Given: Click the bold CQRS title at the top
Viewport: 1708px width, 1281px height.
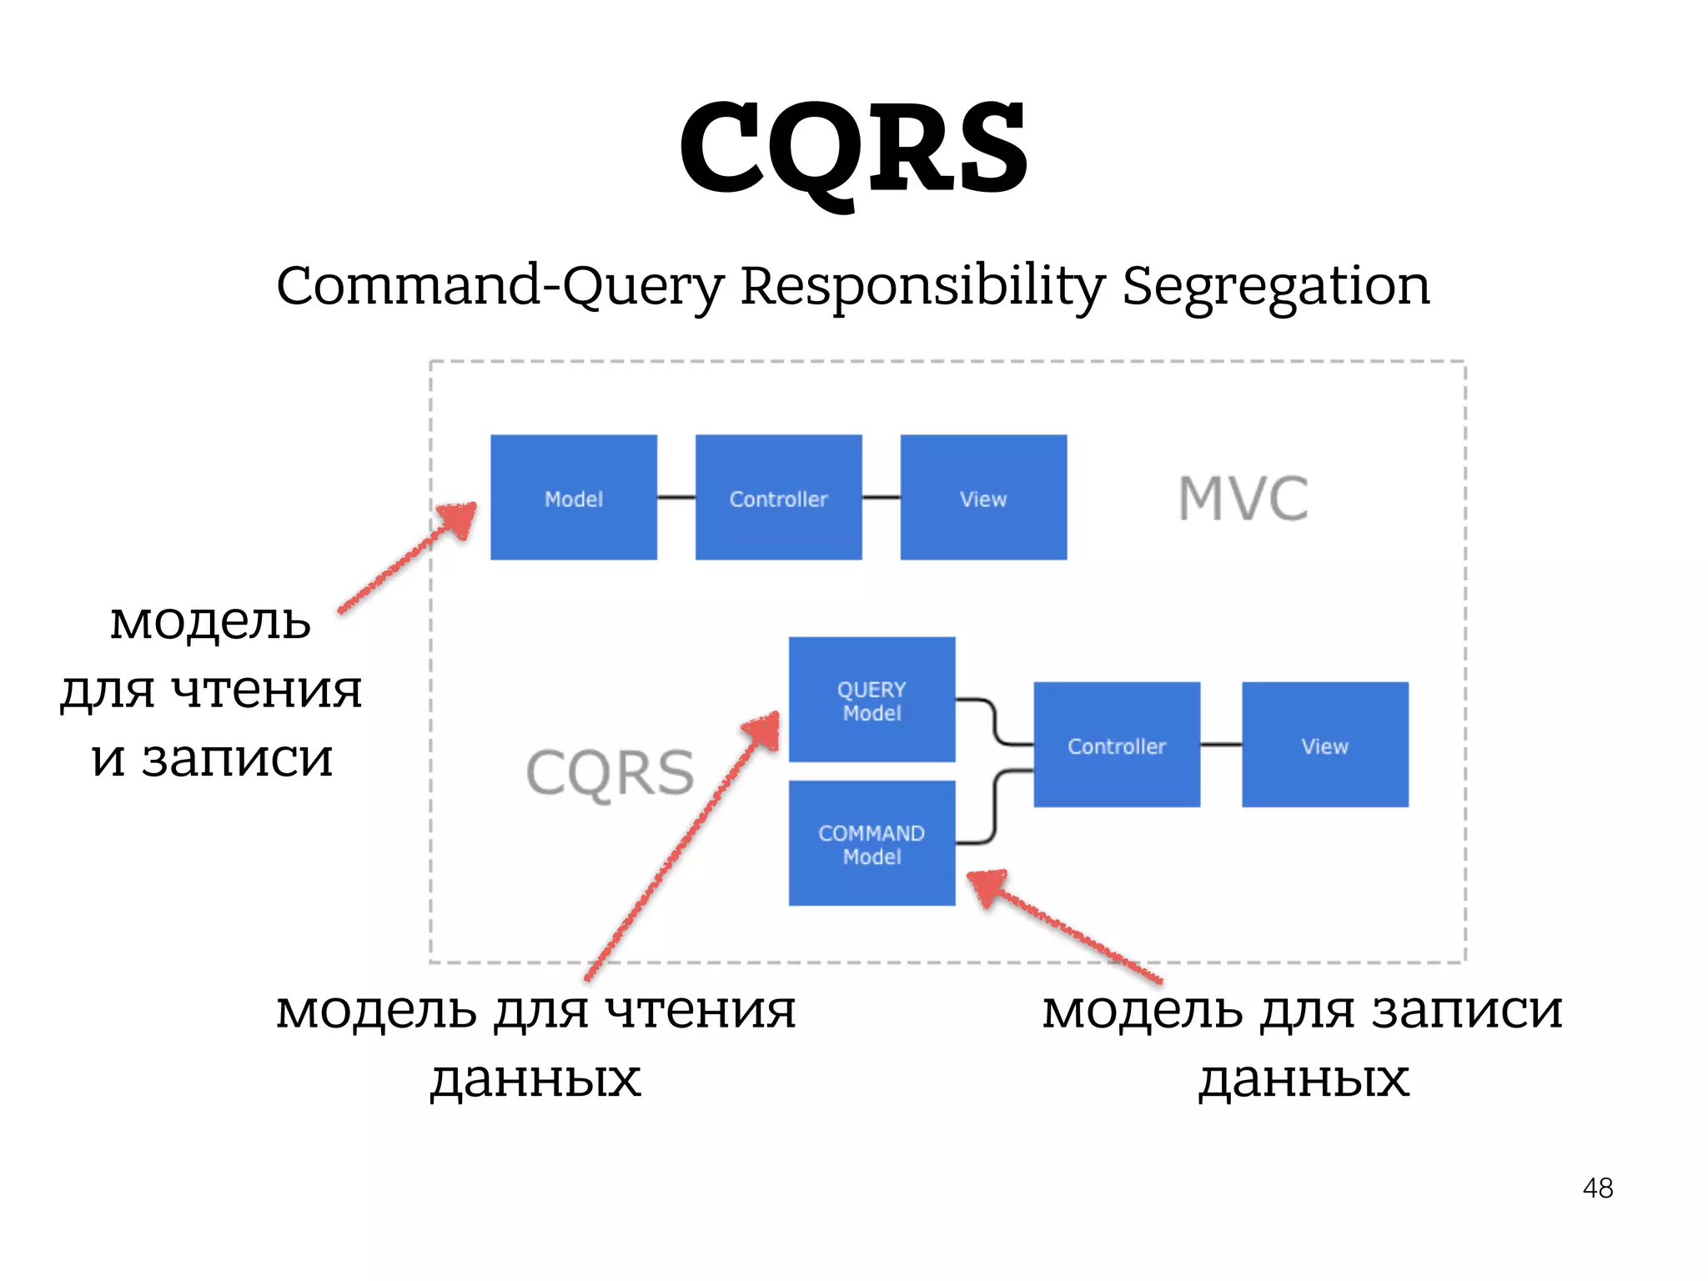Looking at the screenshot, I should (x=854, y=148).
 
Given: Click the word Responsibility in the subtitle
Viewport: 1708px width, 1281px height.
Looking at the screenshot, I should (x=922, y=286).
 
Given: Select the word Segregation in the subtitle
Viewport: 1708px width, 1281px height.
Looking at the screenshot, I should (x=1276, y=286).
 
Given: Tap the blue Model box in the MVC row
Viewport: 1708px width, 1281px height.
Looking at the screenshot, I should (x=574, y=497).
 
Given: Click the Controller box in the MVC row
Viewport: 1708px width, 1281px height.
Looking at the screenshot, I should (x=778, y=497).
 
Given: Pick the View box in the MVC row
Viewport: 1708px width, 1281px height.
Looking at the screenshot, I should (x=983, y=497).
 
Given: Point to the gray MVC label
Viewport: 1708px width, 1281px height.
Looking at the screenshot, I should (x=1243, y=499).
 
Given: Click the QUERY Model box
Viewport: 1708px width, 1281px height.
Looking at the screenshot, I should (x=872, y=700).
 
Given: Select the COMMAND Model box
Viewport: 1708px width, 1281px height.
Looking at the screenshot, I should (x=872, y=843).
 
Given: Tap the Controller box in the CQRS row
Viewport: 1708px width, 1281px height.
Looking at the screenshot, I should (x=1117, y=745).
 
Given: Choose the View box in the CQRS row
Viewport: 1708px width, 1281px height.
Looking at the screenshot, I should (x=1324, y=745).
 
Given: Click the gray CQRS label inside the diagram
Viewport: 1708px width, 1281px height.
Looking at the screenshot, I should (x=610, y=773).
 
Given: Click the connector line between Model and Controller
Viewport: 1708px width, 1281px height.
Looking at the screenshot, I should (x=676, y=497).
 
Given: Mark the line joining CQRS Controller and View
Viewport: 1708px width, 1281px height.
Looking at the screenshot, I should (x=1221, y=745).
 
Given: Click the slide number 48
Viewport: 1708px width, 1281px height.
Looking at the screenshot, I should (x=1597, y=1188).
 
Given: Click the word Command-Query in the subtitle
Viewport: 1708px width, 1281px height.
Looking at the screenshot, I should (x=500, y=286).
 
